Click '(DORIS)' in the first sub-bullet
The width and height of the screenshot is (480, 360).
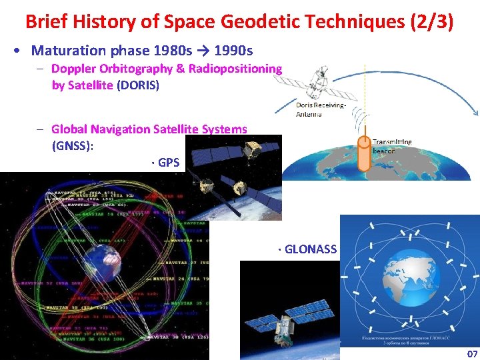click(x=138, y=85)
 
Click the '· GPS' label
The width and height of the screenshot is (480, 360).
click(x=166, y=161)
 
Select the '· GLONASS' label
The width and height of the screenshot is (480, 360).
click(x=308, y=249)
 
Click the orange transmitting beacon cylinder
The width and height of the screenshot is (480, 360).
click(x=364, y=149)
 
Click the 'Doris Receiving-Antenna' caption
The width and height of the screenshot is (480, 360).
click(x=321, y=109)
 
